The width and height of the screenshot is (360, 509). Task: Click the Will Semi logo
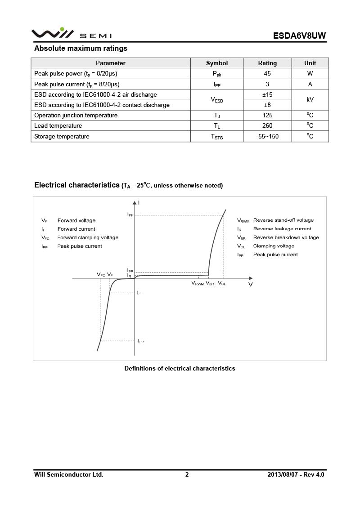pos(71,34)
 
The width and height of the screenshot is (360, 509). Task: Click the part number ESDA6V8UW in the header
pos(299,36)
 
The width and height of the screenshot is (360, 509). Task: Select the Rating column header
pos(267,63)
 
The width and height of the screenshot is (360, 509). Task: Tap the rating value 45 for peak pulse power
pos(267,73)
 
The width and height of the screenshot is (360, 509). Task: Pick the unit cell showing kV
pos(310,99)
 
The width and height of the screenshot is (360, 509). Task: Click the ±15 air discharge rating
pos(267,94)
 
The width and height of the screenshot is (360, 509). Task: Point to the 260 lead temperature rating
pos(267,126)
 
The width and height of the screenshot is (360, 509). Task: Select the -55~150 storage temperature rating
pos(267,136)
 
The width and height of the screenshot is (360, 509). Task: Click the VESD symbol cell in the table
pos(217,100)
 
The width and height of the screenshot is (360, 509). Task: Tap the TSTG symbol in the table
pos(217,137)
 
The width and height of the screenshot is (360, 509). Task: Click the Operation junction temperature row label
pos(76,116)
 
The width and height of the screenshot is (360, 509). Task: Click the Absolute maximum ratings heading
pos(81,49)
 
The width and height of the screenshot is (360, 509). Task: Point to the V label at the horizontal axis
pos(251,285)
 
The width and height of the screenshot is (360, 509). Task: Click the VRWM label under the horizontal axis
pos(198,284)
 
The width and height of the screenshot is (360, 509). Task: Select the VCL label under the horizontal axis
pos(222,284)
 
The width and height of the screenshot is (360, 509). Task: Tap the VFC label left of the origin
pos(101,274)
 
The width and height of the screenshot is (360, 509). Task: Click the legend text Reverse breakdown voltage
pos(286,237)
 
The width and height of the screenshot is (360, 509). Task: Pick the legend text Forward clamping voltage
pos(88,237)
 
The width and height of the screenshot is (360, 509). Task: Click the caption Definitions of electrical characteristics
pos(180,369)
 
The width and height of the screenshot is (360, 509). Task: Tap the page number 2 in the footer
pos(187,474)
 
